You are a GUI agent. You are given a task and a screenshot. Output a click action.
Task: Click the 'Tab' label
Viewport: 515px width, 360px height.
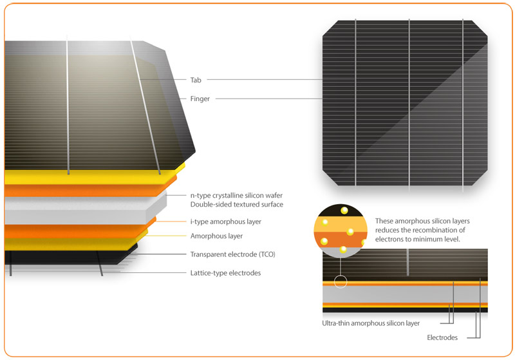pos(196,80)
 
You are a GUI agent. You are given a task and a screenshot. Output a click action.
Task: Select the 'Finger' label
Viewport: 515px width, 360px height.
pos(200,99)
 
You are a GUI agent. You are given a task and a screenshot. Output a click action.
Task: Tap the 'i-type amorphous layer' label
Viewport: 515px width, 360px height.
pos(226,222)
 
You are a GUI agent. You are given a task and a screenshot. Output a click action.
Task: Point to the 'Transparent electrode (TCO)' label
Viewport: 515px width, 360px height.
pos(233,254)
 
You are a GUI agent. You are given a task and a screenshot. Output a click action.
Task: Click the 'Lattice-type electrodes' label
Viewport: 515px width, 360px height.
pos(226,273)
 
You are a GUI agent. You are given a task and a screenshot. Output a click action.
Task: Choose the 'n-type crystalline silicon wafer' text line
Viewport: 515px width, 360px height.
pos(236,195)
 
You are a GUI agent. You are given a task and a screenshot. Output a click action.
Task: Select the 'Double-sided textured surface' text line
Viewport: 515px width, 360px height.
pos(237,204)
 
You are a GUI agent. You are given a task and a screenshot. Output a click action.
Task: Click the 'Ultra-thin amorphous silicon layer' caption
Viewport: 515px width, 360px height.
pos(371,323)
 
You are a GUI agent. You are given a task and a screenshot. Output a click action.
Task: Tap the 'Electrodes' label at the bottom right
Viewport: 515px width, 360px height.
pos(442,337)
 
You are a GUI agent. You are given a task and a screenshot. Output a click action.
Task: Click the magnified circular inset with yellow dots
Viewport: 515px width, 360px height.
pos(341,231)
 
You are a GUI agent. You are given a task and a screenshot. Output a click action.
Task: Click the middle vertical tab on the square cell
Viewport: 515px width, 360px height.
pos(409,104)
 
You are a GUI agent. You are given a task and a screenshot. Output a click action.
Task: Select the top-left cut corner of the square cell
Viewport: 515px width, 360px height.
pos(330,28)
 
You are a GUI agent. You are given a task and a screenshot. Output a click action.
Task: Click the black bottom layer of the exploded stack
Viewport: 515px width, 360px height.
pos(66,257)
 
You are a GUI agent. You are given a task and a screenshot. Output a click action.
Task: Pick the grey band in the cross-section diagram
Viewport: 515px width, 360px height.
pos(405,294)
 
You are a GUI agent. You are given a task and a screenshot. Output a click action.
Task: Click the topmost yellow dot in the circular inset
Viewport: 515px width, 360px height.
pos(344,210)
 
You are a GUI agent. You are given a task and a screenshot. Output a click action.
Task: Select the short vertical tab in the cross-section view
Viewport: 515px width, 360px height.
pos(407,262)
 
